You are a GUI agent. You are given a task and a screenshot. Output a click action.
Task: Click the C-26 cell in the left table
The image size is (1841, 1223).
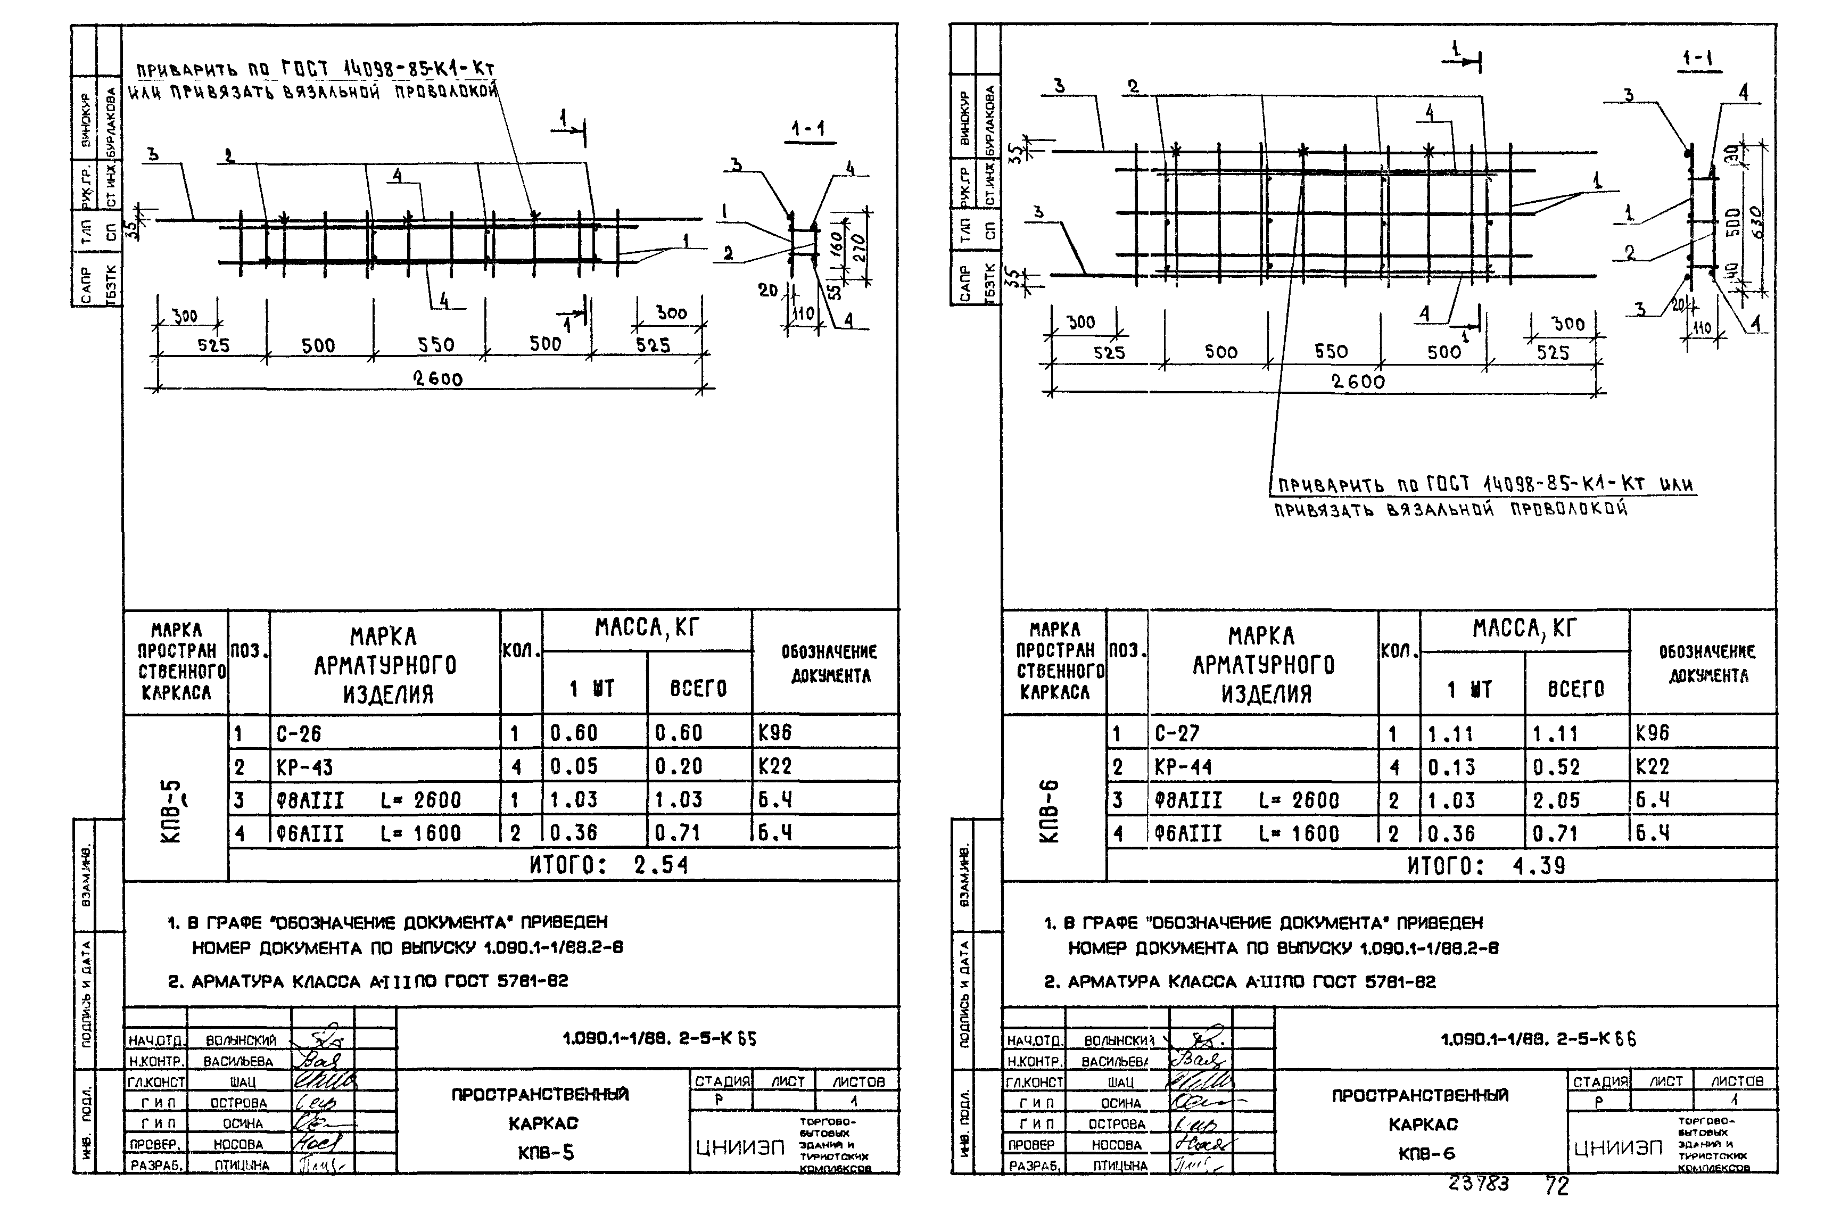[299, 733]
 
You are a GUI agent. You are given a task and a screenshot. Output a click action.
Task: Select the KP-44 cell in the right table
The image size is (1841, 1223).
[1183, 767]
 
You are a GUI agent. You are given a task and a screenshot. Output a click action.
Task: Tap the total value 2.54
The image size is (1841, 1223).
[661, 865]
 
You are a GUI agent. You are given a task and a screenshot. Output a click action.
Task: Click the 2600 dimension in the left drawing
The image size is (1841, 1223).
[437, 379]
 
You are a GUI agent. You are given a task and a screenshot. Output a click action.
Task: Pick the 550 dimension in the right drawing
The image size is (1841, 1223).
[1331, 352]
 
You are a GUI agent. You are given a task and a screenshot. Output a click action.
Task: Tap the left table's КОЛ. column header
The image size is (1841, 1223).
[521, 650]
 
